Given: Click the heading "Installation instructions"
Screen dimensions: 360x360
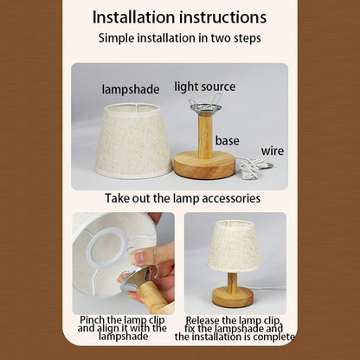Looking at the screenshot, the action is pyautogui.click(x=179, y=17).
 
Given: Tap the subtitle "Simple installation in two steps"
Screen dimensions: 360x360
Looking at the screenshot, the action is pyautogui.click(x=179, y=38).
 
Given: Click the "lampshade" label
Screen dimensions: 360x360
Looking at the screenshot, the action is pyautogui.click(x=131, y=89).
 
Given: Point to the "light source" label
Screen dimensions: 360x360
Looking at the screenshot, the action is pyautogui.click(x=205, y=87).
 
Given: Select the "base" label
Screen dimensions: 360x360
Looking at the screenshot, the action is pyautogui.click(x=228, y=141).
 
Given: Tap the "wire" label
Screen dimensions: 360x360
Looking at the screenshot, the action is pyautogui.click(x=273, y=151).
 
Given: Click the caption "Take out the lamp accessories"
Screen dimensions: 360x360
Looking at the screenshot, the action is pyautogui.click(x=183, y=198).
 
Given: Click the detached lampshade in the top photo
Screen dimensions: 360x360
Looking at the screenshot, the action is pyautogui.click(x=133, y=141).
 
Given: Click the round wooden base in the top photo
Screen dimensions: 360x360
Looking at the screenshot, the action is pyautogui.click(x=205, y=165).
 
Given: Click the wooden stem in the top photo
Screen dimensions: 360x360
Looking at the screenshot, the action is pyautogui.click(x=205, y=137).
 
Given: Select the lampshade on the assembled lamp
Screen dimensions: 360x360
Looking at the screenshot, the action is pyautogui.click(x=235, y=247).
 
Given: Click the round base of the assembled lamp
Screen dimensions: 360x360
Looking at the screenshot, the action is pyautogui.click(x=233, y=297).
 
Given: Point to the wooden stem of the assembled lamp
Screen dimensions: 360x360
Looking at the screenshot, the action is pyautogui.click(x=232, y=280).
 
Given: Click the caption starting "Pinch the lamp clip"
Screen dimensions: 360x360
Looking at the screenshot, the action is pyautogui.click(x=123, y=328).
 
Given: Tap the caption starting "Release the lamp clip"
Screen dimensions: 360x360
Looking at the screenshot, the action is pyautogui.click(x=235, y=329).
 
